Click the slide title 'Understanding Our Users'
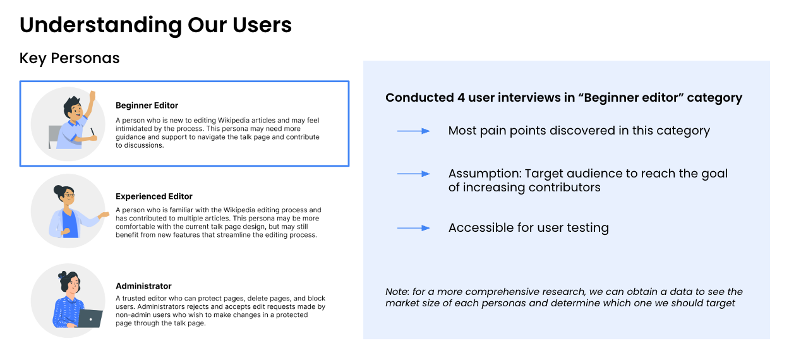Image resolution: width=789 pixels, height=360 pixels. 155,25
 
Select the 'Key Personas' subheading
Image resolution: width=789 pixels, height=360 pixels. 69,58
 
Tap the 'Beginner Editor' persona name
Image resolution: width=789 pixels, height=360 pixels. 147,105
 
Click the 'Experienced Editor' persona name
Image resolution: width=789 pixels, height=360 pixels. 154,196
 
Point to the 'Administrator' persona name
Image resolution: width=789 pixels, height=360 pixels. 143,286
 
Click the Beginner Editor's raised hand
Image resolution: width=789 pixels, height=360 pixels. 92,97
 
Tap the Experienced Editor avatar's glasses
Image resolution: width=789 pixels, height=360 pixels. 68,196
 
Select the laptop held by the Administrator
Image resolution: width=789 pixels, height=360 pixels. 90,318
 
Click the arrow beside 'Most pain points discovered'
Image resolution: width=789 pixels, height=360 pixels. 413,131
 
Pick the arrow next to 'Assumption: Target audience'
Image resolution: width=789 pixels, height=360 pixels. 413,174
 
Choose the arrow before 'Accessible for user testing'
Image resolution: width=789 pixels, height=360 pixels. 413,228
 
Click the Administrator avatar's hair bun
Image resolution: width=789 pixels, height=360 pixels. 63,275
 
